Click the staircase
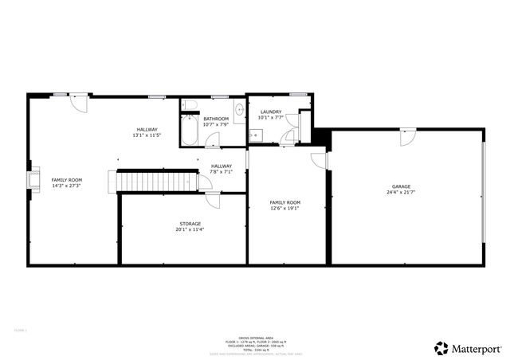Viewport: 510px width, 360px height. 158,182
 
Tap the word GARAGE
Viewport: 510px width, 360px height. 401,186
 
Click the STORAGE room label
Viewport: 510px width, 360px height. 189,224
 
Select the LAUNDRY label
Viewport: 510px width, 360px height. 270,112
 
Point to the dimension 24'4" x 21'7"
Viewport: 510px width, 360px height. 401,193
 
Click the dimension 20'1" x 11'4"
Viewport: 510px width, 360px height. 189,230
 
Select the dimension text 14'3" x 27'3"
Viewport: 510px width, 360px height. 67,186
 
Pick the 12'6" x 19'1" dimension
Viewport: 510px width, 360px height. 284,209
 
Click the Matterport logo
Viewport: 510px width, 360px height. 468,348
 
